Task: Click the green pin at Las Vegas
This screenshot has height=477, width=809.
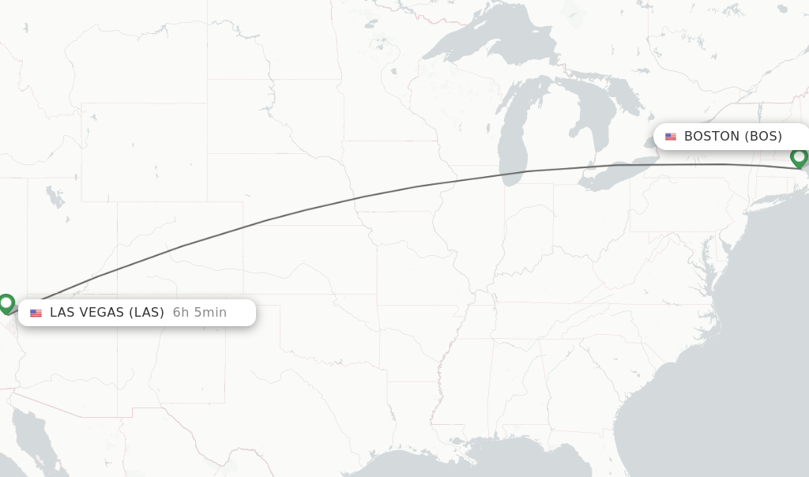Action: pos(7,303)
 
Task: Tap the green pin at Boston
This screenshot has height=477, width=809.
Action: pos(799,157)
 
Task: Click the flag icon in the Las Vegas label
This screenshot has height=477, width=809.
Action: pos(36,313)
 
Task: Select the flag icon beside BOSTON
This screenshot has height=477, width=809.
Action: pos(671,137)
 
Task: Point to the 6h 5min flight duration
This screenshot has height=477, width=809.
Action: pos(200,313)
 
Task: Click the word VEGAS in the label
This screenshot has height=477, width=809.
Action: pos(103,313)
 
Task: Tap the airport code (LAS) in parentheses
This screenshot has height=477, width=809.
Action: pos(146,313)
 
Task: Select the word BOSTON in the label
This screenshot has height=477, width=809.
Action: pos(711,137)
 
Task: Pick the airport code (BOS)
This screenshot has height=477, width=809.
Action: pos(763,137)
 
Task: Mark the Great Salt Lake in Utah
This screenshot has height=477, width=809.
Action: pos(54,194)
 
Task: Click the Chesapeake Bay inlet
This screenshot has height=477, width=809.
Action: pos(704,252)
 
